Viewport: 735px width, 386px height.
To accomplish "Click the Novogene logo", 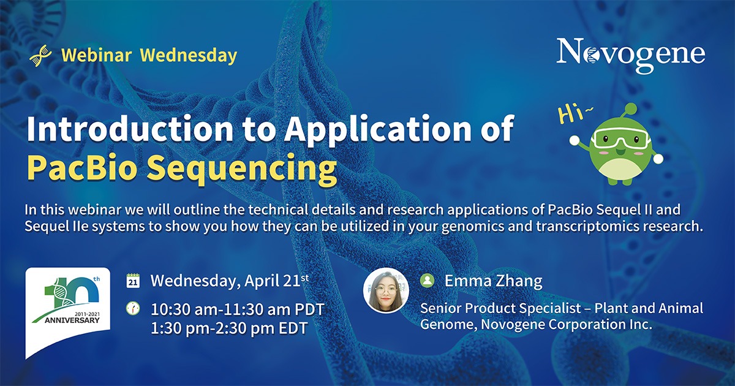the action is [x=631, y=55].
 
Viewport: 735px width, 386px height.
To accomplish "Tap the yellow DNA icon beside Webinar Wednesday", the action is [x=40, y=56].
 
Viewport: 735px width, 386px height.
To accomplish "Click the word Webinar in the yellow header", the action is [x=97, y=55].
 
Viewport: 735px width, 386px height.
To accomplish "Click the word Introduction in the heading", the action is [x=130, y=128].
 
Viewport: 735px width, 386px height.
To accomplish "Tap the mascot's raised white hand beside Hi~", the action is [x=575, y=140].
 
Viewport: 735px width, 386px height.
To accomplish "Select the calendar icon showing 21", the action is [x=133, y=281].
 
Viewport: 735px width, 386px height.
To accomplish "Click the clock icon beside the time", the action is [x=133, y=308].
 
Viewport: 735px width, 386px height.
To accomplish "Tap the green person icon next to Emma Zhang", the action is [x=428, y=281].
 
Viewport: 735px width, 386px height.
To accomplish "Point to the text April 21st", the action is [x=277, y=281].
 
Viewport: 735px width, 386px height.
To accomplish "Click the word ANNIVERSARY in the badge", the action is [x=72, y=320].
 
